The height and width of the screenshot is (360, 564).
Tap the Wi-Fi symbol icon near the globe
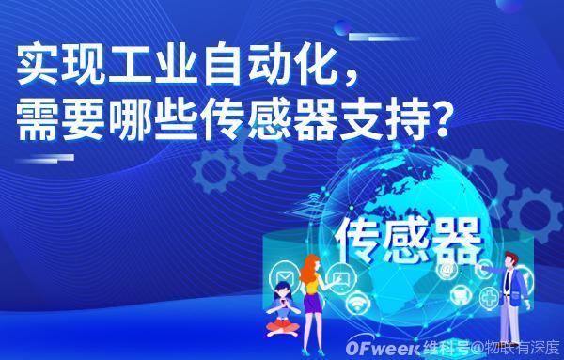coord(358,303)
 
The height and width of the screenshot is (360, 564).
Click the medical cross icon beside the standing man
coord(489,298)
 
